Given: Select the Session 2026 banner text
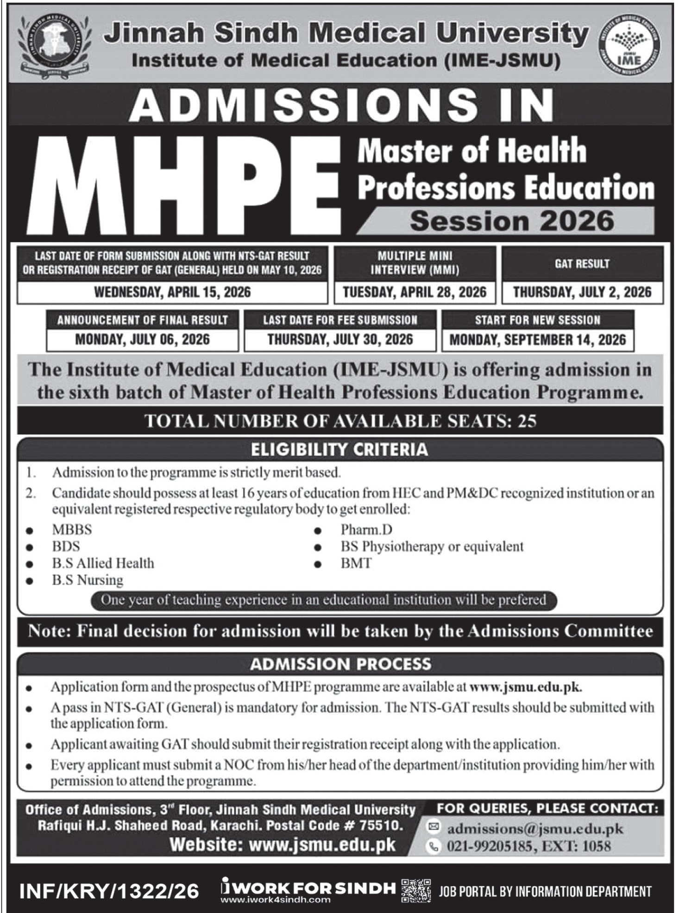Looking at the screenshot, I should tap(512, 221).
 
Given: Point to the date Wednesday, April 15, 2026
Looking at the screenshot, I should tap(172, 292).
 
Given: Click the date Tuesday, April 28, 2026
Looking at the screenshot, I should tap(415, 292).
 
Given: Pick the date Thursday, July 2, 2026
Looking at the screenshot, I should tap(582, 292).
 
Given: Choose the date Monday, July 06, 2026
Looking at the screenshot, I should tap(142, 340).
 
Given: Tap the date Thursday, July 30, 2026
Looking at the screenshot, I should tap(340, 340).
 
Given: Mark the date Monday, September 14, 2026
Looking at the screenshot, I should tap(538, 340).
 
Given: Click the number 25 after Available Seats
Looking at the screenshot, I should tap(527, 421).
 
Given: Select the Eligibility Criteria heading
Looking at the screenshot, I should tap(339, 449).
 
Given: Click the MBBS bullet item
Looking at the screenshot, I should tap(72, 529).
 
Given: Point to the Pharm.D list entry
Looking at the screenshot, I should tap(366, 529).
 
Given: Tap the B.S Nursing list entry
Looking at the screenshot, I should tap(87, 580).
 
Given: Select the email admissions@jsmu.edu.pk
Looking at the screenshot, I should tap(535, 829).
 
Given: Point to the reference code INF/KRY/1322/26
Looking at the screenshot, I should tap(109, 891).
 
